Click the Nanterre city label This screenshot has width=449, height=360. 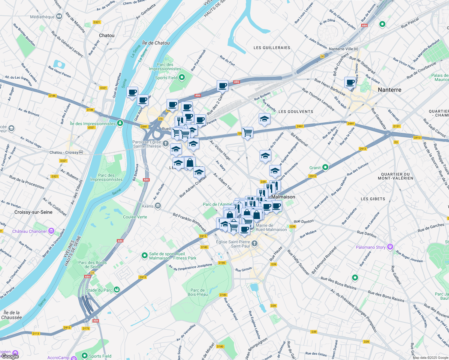click(390, 90)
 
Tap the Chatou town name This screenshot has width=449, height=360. click(107, 35)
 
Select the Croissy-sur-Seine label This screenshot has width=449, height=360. click(33, 212)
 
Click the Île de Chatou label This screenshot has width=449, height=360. click(156, 43)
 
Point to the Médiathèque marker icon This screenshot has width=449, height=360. click(59, 16)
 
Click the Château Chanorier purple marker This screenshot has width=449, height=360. click(51, 231)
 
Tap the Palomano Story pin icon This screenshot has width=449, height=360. click(390, 247)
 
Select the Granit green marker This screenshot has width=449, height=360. click(325, 167)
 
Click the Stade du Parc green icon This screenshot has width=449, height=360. click(117, 289)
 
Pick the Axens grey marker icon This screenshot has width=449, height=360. click(158, 206)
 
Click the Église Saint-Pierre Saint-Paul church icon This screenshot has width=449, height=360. click(255, 243)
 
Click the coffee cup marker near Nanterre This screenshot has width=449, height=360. click(350, 82)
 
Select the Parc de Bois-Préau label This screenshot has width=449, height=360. click(198, 292)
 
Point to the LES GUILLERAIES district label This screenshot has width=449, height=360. click(272, 48)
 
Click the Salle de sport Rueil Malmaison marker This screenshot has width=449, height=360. click(144, 256)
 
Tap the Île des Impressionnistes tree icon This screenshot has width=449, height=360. click(120, 123)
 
